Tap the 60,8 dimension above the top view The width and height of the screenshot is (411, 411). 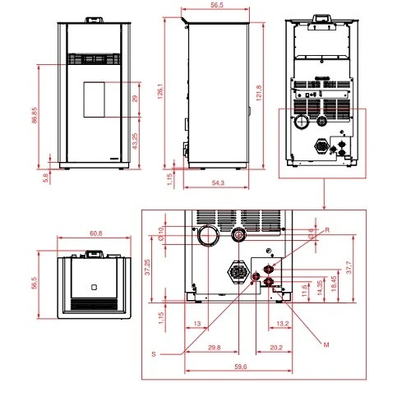[95, 233]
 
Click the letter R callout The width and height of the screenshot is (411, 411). [326, 229]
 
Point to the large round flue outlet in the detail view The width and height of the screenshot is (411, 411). [206, 238]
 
